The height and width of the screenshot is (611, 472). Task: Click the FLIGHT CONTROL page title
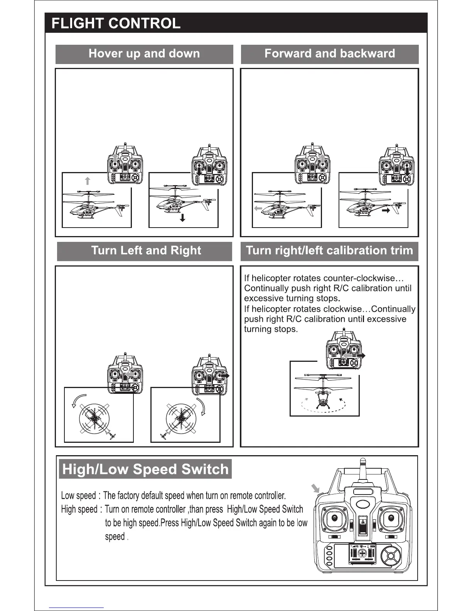(x=116, y=24)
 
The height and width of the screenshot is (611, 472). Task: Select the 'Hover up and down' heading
(x=144, y=54)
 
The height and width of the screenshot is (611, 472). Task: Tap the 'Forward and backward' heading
(x=330, y=54)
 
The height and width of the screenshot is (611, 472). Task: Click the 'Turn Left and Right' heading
(x=146, y=251)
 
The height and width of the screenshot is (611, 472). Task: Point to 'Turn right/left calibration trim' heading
(x=329, y=251)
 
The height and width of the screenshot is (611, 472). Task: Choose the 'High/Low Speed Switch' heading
(x=145, y=469)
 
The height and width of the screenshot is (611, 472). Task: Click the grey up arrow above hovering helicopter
(x=88, y=181)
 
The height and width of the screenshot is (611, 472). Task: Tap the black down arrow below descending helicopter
(x=182, y=218)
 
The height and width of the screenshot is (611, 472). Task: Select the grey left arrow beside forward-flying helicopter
(x=258, y=209)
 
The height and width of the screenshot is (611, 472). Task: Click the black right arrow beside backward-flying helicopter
(x=386, y=211)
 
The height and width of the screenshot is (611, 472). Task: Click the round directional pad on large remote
(x=390, y=557)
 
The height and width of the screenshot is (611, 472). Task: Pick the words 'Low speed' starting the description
(x=78, y=496)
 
